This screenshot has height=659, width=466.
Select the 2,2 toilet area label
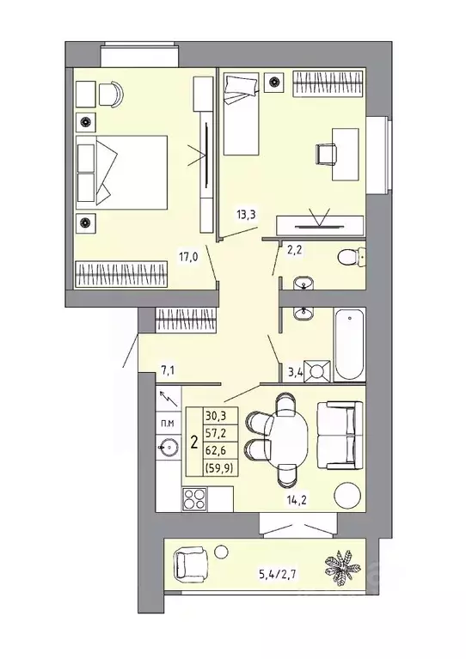tap(294, 251)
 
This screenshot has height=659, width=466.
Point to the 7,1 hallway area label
tap(169, 371)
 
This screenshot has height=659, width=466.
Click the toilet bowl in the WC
tap(351, 256)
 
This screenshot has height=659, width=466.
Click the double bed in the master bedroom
tap(120, 172)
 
